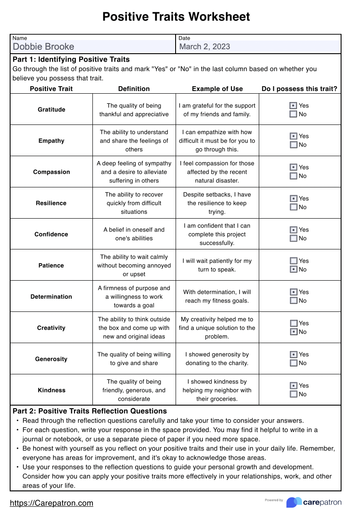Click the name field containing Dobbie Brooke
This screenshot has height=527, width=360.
click(93, 47)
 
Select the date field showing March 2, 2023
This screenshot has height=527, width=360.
click(259, 47)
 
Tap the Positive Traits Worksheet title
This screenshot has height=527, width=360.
click(176, 17)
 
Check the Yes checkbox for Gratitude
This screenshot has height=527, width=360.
click(294, 106)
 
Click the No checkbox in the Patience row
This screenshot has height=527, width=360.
click(294, 270)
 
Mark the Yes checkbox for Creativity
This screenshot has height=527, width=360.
click(294, 323)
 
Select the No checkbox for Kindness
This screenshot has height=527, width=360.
click(294, 394)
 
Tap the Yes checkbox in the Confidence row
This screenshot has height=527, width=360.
click(294, 230)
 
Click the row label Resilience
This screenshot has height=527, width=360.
click(51, 203)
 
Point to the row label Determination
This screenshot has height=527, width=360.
click(51, 297)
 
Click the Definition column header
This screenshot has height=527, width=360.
click(134, 89)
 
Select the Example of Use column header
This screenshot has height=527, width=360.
click(217, 89)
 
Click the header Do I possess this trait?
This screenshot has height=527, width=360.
click(299, 89)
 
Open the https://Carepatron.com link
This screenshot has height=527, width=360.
click(51, 503)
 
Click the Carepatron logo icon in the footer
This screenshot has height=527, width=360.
click(294, 502)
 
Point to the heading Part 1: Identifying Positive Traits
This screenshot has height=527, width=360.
click(71, 59)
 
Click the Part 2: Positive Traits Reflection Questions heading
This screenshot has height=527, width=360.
click(90, 411)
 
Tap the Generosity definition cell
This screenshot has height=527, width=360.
click(134, 359)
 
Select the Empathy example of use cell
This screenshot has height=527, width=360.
click(217, 141)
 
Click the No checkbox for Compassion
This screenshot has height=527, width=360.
click(294, 176)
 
